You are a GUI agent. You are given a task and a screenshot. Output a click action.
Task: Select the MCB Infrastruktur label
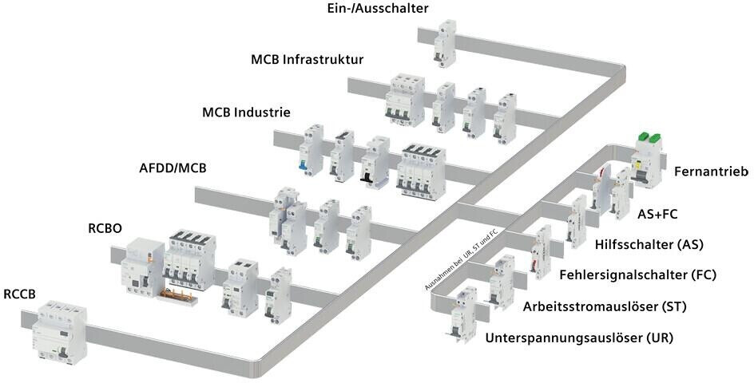pos(307,59)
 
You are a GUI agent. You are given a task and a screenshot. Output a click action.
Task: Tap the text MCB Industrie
pos(246,112)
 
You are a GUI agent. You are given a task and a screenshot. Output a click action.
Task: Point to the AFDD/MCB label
pos(172,168)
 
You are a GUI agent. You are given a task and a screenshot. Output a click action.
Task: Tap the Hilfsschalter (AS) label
pos(649,243)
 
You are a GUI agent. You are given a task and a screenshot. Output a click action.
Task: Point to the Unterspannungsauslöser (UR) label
pos(579,338)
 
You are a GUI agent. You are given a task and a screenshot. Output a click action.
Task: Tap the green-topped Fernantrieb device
pos(648,160)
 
